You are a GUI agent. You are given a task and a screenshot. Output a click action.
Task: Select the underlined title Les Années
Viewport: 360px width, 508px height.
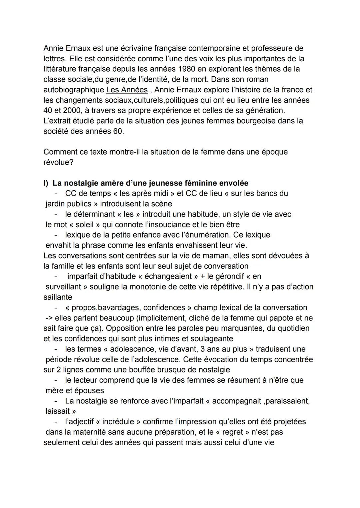pyautogui.click(x=127, y=90)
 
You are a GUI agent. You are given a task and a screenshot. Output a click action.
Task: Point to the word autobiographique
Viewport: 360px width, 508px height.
pyautogui.click(x=73, y=90)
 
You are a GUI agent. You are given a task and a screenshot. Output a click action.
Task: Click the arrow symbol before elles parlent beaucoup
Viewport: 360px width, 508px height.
pyautogui.click(x=49, y=318)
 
